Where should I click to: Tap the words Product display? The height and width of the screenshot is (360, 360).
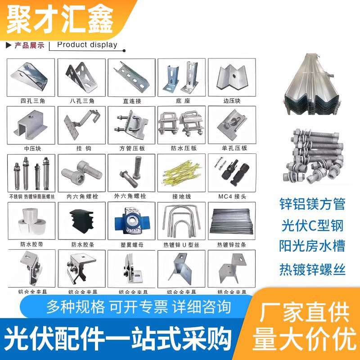click(x=87, y=45)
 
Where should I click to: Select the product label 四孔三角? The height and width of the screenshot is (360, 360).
click(x=31, y=101)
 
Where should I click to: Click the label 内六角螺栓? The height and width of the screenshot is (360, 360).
click(x=81, y=196)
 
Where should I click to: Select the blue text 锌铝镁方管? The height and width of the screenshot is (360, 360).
click(x=312, y=204)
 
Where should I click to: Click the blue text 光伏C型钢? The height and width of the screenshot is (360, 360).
click(x=312, y=226)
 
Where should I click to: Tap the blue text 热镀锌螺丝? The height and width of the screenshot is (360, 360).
click(x=312, y=270)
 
